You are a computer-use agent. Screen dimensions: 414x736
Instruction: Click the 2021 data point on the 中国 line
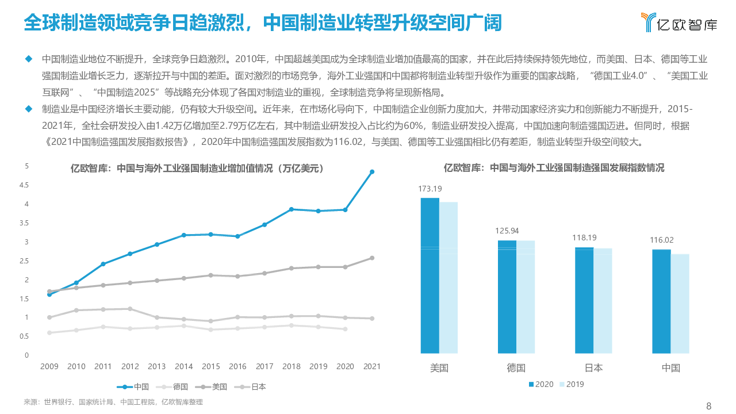point(372,172)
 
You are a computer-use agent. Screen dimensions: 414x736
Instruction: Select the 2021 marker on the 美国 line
point(372,258)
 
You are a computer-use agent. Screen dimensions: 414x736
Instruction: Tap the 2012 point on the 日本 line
point(130,309)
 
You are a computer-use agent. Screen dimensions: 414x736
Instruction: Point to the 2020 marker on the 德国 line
point(345,329)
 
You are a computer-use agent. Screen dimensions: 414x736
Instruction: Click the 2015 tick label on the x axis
point(210,366)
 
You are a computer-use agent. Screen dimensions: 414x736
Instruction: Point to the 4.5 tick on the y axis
point(24,185)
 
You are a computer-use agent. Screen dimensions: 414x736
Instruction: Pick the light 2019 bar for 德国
point(526,296)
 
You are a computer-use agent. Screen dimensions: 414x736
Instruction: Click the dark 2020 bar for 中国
point(662,301)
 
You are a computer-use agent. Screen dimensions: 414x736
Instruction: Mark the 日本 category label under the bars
point(593,368)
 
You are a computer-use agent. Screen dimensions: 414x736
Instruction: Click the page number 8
point(708,406)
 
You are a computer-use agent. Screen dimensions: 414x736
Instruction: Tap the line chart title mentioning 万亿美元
point(197,168)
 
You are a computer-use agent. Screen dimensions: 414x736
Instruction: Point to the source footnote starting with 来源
point(113,402)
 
